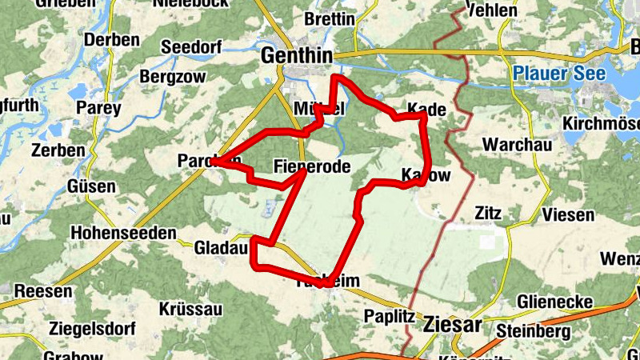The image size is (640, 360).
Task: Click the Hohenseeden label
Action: pos(123,233)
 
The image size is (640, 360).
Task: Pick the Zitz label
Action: pos(487,214)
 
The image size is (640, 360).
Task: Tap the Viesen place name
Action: pos(568,214)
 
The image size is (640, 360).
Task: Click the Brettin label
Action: pos(329,18)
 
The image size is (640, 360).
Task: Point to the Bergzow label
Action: pos(172,78)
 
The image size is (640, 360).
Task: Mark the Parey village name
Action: pos(98,108)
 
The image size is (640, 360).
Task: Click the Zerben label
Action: pos(58,150)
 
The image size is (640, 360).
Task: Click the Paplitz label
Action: pos(389,315)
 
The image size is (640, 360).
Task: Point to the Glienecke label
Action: pos(554,302)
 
